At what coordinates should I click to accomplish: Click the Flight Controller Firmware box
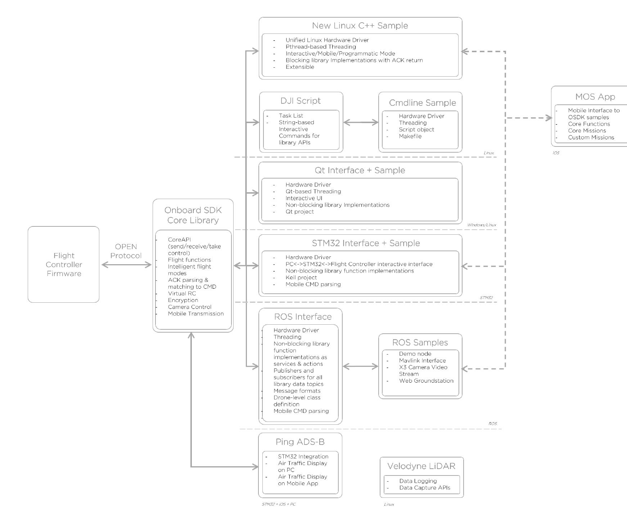pyautogui.click(x=64, y=264)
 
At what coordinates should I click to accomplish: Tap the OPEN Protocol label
pyautogui.click(x=126, y=251)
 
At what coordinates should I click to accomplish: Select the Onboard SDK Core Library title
pyautogui.click(x=193, y=215)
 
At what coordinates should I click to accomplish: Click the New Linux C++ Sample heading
pyautogui.click(x=360, y=26)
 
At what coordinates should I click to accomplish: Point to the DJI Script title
pyautogui.click(x=301, y=101)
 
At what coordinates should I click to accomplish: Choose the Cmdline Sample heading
pyautogui.click(x=422, y=103)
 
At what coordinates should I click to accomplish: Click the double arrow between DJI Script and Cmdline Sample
pyautogui.click(x=361, y=122)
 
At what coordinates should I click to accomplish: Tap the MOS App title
pyautogui.click(x=595, y=96)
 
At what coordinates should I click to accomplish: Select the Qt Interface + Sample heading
pyautogui.click(x=360, y=170)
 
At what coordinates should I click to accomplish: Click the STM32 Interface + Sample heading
pyautogui.click(x=366, y=243)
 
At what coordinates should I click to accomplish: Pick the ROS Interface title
pyautogui.click(x=303, y=316)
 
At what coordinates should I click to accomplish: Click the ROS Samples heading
pyautogui.click(x=420, y=342)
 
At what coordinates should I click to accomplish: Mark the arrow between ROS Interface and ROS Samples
pyautogui.click(x=360, y=366)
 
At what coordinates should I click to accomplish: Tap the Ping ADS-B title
pyautogui.click(x=300, y=442)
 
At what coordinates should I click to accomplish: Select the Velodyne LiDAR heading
pyautogui.click(x=421, y=466)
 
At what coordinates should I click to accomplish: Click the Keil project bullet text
pyautogui.click(x=301, y=278)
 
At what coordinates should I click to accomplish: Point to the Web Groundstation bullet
pyautogui.click(x=426, y=380)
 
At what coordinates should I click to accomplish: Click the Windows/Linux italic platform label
pyautogui.click(x=481, y=225)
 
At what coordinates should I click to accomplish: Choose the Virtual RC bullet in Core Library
pyautogui.click(x=182, y=293)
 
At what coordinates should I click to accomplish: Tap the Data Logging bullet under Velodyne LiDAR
pyautogui.click(x=418, y=481)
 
